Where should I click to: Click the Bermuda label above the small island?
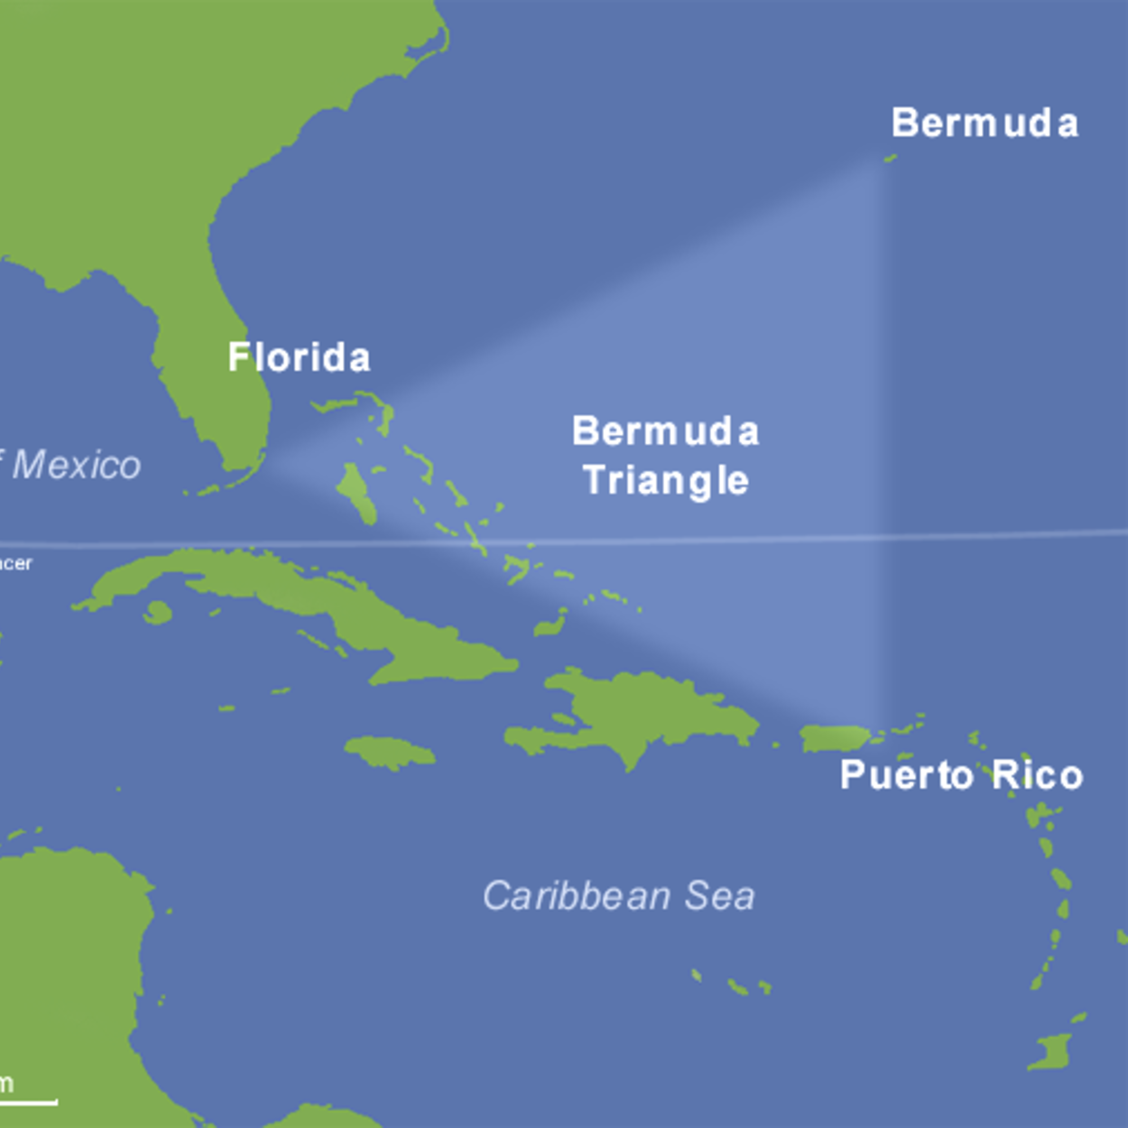[984, 124]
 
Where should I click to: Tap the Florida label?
[299, 358]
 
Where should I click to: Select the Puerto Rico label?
[961, 776]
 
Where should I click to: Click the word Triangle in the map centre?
[666, 481]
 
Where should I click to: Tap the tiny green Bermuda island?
[890, 158]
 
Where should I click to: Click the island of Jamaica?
[390, 752]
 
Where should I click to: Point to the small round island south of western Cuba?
[158, 613]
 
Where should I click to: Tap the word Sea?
[719, 896]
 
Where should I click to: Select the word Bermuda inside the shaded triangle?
[666, 432]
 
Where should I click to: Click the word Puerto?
[906, 776]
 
